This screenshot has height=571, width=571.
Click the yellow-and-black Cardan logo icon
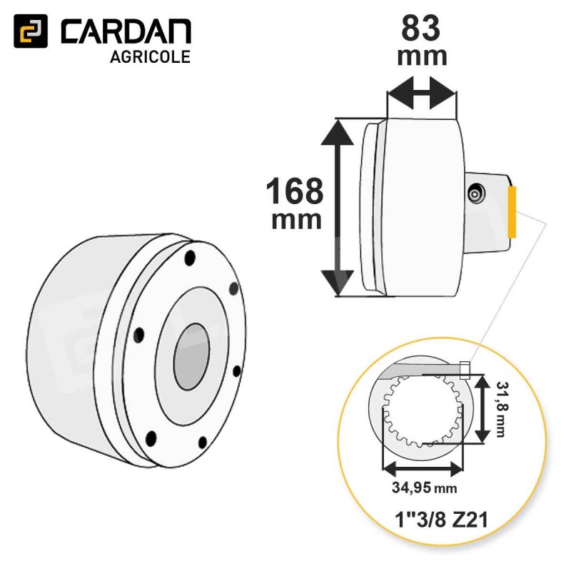pyautogui.click(x=31, y=31)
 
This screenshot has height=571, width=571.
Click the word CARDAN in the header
pyautogui.click(x=126, y=31)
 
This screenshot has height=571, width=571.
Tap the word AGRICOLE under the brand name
pyautogui.click(x=150, y=57)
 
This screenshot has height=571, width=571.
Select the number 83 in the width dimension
pyautogui.click(x=421, y=28)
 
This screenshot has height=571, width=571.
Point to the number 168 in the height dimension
pyautogui.click(x=295, y=191)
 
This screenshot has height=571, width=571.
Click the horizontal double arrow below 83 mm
pyautogui.click(x=422, y=93)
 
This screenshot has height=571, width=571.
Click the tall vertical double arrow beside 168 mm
pyautogui.click(x=338, y=208)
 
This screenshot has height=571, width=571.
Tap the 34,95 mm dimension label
pyautogui.click(x=424, y=487)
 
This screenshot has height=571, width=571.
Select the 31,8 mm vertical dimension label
pyautogui.click(x=502, y=408)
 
